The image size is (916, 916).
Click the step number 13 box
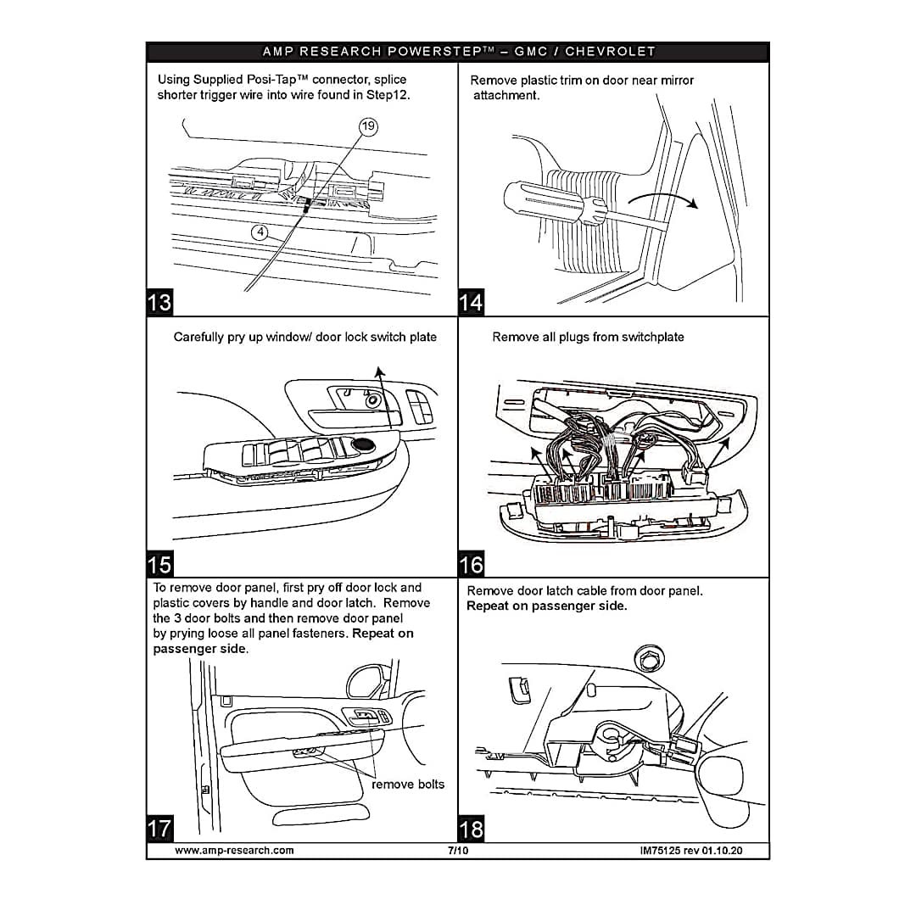[x=159, y=302]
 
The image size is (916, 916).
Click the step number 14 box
[x=471, y=302]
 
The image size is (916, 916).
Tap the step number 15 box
[x=159, y=564]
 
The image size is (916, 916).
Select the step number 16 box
[x=471, y=564]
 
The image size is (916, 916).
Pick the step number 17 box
[x=159, y=828]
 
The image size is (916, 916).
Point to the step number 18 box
[x=471, y=828]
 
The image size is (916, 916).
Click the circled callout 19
[x=368, y=127]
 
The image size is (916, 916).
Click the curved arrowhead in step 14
[x=693, y=204]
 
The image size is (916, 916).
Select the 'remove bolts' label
[x=408, y=784]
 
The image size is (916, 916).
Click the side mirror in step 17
[x=364, y=680]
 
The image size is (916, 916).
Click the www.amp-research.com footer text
[x=234, y=850]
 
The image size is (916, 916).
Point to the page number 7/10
[x=458, y=850]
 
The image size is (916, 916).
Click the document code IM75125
[x=664, y=850]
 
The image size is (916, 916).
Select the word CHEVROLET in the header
[x=610, y=52]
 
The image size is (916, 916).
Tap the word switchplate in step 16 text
[x=652, y=337]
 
